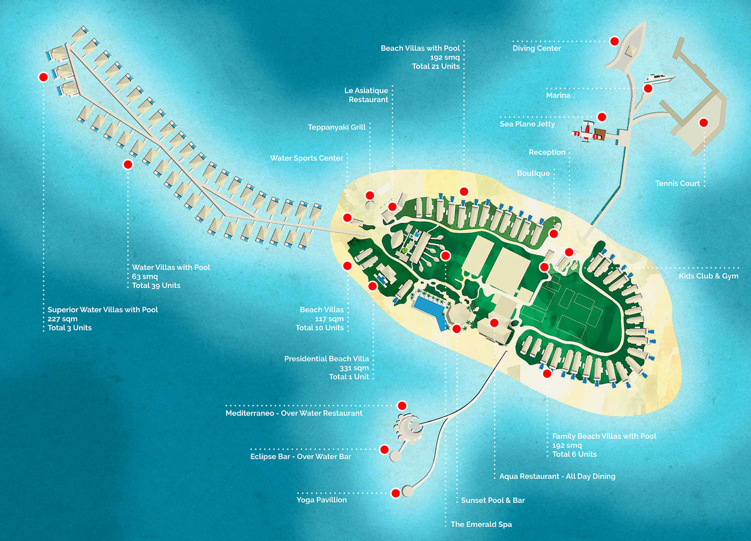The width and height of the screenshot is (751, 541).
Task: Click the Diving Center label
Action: [536, 48]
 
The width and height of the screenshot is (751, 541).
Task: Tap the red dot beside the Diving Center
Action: [614, 41]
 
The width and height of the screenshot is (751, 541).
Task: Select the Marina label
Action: [558, 95]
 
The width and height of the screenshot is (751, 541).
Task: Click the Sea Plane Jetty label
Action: [527, 124]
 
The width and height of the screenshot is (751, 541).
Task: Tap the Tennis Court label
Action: [677, 183]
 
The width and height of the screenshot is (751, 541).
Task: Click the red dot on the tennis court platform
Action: [703, 123]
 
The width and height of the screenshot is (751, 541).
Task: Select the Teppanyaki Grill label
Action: [337, 127]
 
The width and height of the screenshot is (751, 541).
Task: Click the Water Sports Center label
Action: [306, 158]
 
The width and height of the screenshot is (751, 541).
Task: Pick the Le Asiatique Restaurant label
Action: [366, 95]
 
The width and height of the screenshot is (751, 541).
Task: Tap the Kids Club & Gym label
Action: [708, 276]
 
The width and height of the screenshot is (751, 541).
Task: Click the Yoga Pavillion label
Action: [322, 500]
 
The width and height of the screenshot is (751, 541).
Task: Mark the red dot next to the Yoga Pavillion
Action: [395, 493]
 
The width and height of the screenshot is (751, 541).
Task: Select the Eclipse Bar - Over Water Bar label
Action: [300, 457]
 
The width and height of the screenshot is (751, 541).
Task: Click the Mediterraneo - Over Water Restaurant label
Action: [294, 413]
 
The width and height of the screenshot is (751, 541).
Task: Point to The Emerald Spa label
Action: [481, 524]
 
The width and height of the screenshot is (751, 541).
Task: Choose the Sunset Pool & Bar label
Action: [493, 500]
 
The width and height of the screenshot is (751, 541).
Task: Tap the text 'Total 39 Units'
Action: [156, 285]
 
